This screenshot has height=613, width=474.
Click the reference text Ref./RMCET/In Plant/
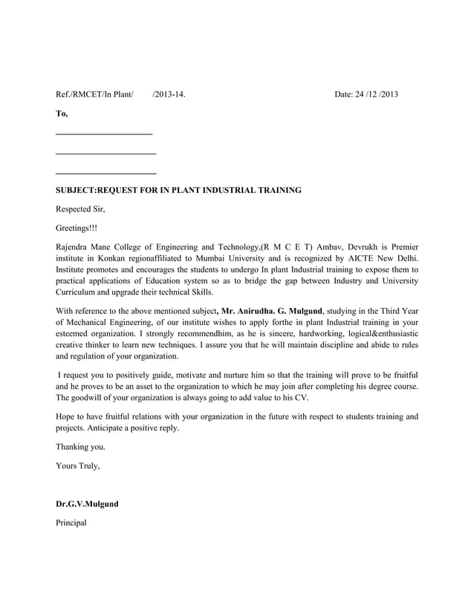point(95,94)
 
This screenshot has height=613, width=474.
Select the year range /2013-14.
point(169,94)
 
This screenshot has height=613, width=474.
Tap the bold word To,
point(62,114)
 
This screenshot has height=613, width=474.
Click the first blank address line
point(104,134)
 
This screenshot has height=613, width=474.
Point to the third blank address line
point(105,172)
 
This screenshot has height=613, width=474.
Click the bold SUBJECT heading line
point(178,191)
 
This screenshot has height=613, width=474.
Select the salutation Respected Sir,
point(81,209)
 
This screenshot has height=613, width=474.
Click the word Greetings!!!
point(77,229)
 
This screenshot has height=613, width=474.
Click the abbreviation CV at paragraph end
point(302,398)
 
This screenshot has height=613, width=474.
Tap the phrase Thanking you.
point(80,448)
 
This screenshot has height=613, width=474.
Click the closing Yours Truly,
point(77,467)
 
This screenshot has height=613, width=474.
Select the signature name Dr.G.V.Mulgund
point(87,504)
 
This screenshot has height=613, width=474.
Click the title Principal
point(71,523)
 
